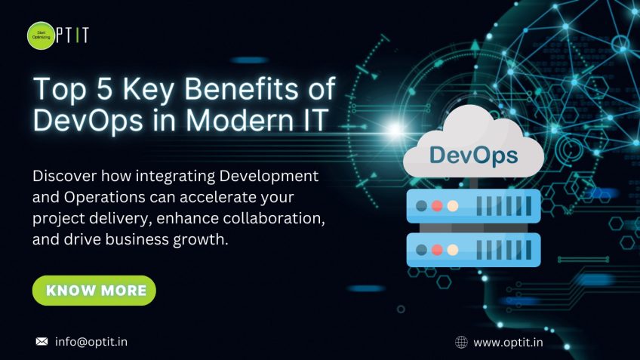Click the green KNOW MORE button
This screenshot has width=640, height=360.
pyautogui.click(x=94, y=291)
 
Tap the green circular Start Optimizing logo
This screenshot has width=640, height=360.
pyautogui.click(x=42, y=35)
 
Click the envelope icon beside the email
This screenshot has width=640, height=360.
pyautogui.click(x=42, y=342)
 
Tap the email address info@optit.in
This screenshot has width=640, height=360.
pyautogui.click(x=91, y=342)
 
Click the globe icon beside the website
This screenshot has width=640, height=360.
pyautogui.click(x=461, y=343)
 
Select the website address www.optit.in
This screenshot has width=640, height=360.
pyautogui.click(x=508, y=343)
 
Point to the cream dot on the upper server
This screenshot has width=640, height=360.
pyautogui.click(x=453, y=205)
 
